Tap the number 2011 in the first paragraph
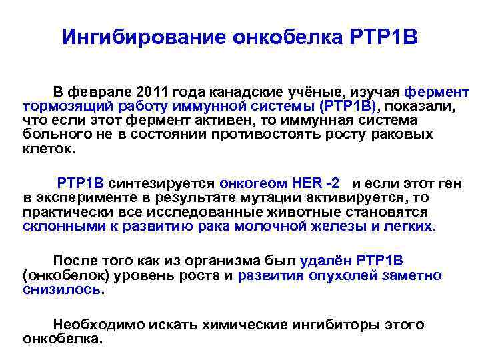[155, 91]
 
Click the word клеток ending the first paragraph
[48, 148]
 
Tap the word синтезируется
[163, 183]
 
